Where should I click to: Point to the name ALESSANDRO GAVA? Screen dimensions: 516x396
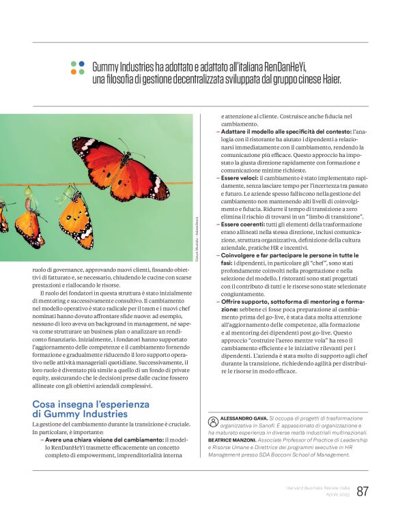pyautogui.click(x=243, y=417)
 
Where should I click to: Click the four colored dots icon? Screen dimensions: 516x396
pyautogui.click(x=77, y=68)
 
